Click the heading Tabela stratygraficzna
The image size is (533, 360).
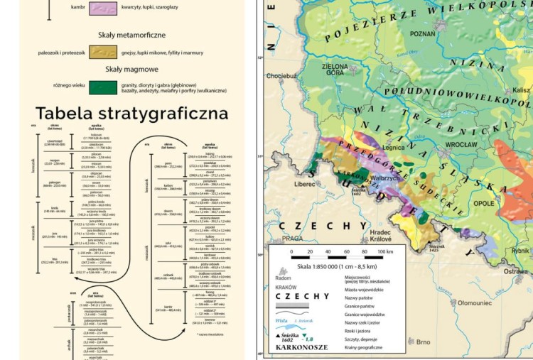click(122, 114)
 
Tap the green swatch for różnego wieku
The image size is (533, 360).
click(104, 87)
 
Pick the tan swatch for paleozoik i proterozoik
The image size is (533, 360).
click(104, 53)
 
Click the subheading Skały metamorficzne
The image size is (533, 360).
click(132, 34)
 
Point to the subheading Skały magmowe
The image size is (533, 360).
click(132, 70)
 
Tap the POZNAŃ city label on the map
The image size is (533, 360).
click(422, 33)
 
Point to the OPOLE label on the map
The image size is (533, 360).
click(483, 203)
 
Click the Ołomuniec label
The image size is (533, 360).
click(475, 302)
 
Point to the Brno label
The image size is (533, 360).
click(424, 342)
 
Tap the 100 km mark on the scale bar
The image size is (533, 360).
click(384, 251)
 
